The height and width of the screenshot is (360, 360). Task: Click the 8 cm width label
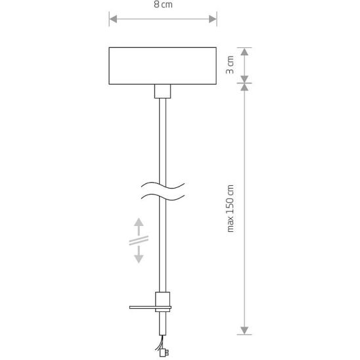tap(163, 5)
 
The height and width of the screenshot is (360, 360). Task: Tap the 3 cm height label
tap(230, 65)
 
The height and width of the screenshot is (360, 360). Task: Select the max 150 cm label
tap(230, 208)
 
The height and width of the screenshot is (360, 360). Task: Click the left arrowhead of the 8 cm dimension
tap(114, 19)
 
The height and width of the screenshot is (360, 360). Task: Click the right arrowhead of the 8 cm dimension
tap(213, 19)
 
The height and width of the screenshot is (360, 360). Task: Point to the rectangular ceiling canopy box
tap(162, 66)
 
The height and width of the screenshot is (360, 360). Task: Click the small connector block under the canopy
tap(162, 91)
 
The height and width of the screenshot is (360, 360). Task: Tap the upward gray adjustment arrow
tap(139, 227)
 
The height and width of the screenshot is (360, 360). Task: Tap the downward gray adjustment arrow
tap(139, 254)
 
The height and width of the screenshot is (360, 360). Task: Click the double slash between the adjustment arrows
tap(139, 240)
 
